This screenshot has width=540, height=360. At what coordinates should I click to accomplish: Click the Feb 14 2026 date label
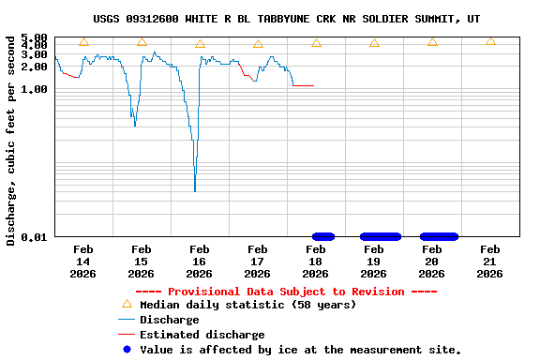coord(82,262)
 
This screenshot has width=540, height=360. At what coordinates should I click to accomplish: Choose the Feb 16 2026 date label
coord(199,262)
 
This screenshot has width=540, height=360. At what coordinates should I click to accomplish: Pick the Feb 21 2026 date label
coord(489,262)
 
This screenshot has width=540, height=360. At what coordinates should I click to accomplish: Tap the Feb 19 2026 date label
coord(373,262)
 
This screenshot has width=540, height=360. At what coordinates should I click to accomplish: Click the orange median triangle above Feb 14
coord(83,42)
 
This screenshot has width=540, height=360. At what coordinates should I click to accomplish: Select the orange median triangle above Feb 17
coord(258,44)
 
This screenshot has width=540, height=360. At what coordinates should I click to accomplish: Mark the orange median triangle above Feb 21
coord(490,40)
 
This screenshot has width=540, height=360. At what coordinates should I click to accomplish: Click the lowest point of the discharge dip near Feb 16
coord(195,190)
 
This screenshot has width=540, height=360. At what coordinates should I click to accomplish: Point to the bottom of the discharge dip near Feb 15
coord(135,126)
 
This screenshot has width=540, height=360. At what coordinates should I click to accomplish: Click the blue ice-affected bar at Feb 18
coord(322,236)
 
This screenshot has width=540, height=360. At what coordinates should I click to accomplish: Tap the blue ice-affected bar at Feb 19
coord(381,236)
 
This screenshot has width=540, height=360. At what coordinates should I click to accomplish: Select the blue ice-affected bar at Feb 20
coord(439,236)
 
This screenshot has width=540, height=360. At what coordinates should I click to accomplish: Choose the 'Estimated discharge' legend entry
coord(202,335)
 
